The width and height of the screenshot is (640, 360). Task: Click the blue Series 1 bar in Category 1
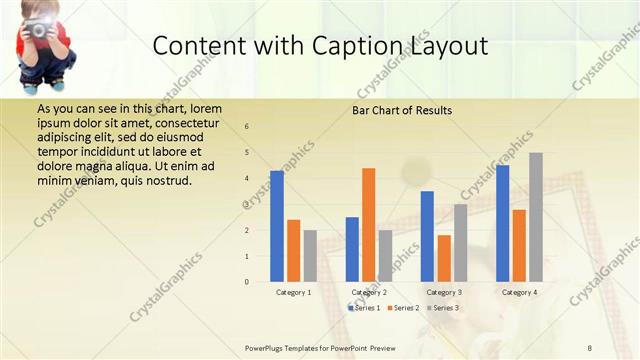tap(277, 226)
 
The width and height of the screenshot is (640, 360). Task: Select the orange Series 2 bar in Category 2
tap(368, 225)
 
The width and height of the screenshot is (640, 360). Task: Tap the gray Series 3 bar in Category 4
tap(535, 217)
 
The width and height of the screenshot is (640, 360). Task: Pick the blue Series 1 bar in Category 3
tap(427, 236)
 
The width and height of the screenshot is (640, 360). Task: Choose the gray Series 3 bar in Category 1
tap(310, 256)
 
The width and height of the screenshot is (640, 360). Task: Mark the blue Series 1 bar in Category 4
tap(502, 223)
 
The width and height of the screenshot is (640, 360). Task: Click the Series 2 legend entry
tap(403, 308)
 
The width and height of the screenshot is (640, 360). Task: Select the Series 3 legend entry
tap(443, 308)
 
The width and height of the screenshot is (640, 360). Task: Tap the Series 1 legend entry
tap(363, 308)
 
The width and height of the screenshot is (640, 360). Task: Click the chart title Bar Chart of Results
tap(402, 110)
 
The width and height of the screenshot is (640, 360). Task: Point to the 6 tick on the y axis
tap(247, 127)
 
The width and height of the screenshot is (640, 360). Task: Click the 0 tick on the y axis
tap(247, 282)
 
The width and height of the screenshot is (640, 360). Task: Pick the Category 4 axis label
tap(519, 292)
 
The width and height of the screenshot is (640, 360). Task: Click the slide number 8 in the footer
tap(589, 347)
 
